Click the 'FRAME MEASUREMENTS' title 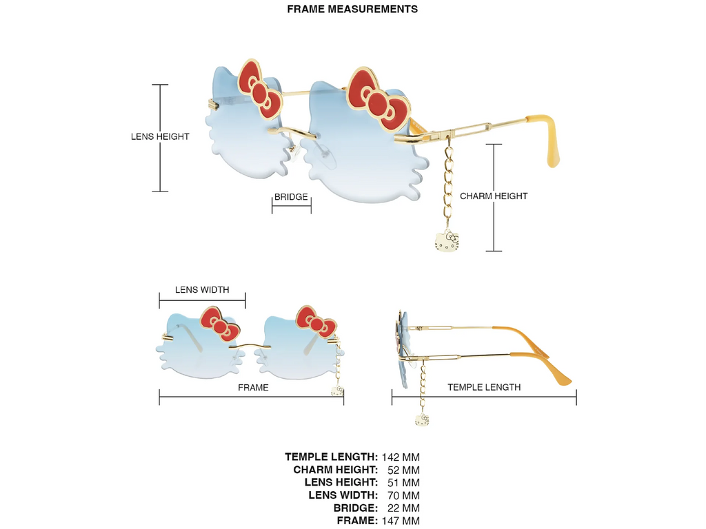pos(352,9)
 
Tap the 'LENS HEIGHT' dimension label pos(160,136)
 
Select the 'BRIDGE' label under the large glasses pos(291,197)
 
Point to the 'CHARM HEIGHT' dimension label pos(494,196)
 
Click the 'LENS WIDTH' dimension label pos(202,290)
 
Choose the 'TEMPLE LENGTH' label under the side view pos(484,387)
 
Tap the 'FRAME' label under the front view pos(253,388)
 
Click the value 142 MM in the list pos(401,457)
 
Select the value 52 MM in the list pos(403,470)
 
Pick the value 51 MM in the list pos(403,482)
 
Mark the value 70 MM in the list pos(403,495)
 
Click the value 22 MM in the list pos(403,508)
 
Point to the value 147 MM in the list pos(401,521)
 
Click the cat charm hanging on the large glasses pos(447,241)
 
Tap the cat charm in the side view pos(423,419)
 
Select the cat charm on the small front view pos(337,391)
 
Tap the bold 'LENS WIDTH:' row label pos(343,495)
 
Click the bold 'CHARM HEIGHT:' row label pos(336,470)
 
